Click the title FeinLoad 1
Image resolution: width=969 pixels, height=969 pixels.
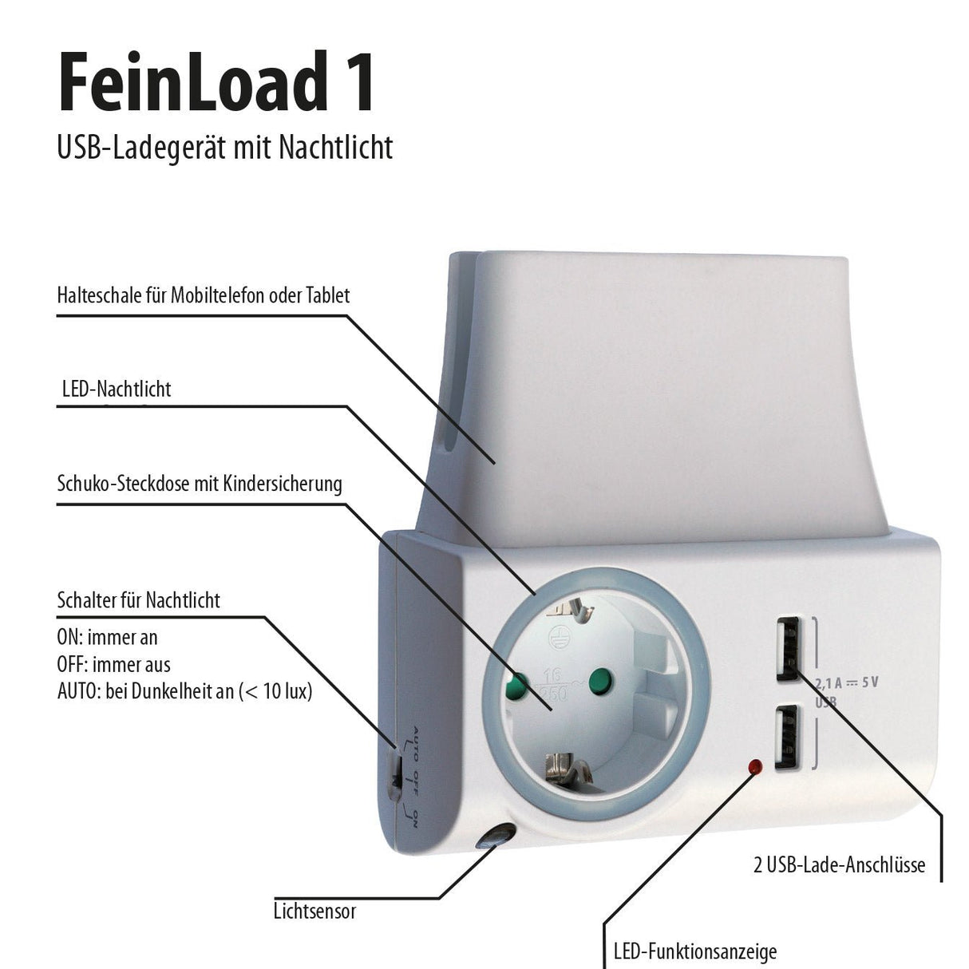(216, 82)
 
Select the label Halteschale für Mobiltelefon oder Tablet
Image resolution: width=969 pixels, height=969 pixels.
(204, 295)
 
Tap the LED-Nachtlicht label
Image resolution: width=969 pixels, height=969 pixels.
(117, 390)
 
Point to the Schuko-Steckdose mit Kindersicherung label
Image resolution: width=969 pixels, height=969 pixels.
(200, 484)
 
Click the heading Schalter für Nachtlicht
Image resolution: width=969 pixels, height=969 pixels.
(139, 600)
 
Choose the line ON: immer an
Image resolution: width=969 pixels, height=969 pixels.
(107, 637)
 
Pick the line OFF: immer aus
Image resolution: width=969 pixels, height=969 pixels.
(113, 664)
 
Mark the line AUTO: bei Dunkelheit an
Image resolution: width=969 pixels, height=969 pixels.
(184, 691)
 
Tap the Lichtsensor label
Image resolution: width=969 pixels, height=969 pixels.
(314, 911)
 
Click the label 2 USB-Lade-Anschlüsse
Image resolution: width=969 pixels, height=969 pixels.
(839, 865)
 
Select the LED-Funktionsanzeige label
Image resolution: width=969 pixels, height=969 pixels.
(694, 951)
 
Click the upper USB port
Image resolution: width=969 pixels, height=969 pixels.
(786, 648)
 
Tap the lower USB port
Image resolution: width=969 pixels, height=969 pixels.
(786, 738)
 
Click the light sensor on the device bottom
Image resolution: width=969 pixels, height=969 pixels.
(494, 840)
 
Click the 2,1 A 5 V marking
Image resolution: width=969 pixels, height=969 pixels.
(847, 683)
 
